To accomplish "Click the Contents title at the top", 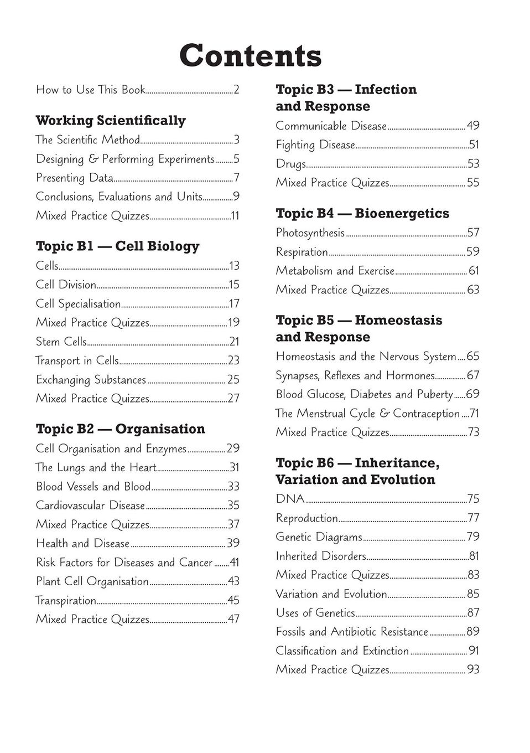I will [x=250, y=56].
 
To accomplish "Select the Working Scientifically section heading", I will [x=111, y=121].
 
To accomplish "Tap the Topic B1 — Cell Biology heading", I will [x=117, y=246].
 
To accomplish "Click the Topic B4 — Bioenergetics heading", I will [x=362, y=214].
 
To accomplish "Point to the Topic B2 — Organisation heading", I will [x=120, y=429].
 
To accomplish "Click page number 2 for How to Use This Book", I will [x=236, y=90].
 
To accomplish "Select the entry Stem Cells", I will [x=61, y=342].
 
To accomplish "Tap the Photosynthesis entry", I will [x=310, y=233].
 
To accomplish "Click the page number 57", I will [x=473, y=233].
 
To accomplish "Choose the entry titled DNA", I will [x=290, y=499].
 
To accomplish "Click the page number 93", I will [x=473, y=670].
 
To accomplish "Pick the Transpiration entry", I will [x=66, y=601].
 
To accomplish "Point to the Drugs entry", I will [x=290, y=164].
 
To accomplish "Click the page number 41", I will [x=234, y=563].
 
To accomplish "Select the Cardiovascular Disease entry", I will [x=90, y=506].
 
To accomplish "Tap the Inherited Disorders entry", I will [x=321, y=556].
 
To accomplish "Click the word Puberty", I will [x=434, y=395].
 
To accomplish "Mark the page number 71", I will [x=474, y=414].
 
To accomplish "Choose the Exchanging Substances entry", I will [x=91, y=380].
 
